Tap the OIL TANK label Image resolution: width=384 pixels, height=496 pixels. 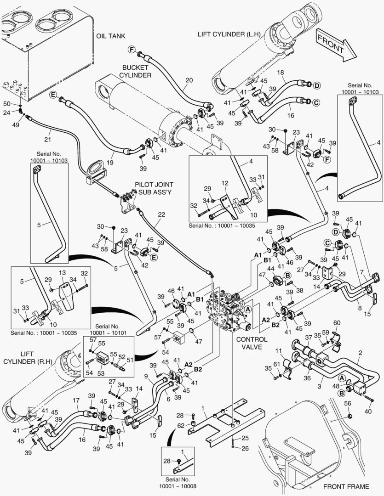coord(110,36)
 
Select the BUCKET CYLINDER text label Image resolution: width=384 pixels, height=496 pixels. coord(135,71)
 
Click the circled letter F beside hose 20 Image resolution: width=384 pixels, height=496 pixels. coord(131,49)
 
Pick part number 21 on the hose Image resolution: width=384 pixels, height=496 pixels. coord(47,139)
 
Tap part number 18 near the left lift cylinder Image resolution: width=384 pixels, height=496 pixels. coord(281,73)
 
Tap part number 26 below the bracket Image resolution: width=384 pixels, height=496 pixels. coord(245,448)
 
